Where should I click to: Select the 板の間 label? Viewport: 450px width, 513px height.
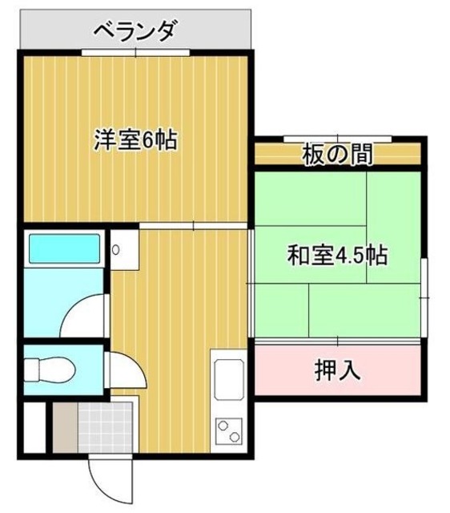point(336,153)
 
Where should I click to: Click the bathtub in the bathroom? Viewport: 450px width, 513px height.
point(63,250)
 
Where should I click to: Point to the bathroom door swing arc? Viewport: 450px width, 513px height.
point(84,314)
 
